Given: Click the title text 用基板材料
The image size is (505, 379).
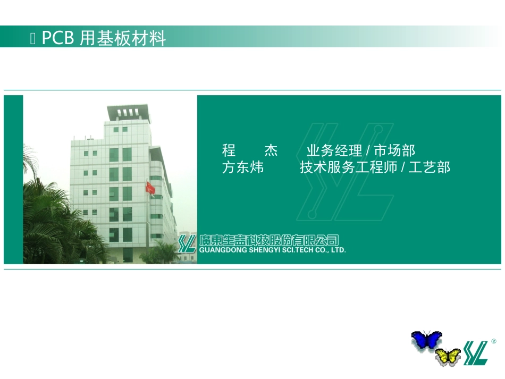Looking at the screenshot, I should (123, 38).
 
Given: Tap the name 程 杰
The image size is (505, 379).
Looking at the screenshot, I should (250, 150).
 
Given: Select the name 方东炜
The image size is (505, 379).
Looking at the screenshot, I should (243, 168).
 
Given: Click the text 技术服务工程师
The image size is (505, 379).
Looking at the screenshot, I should (349, 168).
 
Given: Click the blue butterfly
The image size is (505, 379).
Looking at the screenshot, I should (426, 340).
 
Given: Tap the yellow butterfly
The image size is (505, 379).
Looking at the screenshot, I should (448, 356).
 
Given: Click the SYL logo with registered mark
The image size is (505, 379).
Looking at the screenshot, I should (475, 352).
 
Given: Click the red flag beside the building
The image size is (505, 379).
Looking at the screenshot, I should (150, 188).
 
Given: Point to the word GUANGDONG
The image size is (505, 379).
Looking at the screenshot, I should (221, 249).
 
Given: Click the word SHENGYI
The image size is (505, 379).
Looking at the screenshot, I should (264, 249).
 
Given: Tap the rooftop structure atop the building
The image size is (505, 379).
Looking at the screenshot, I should (128, 113).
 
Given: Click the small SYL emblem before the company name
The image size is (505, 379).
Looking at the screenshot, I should (187, 243).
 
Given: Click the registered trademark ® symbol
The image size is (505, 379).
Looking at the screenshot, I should (494, 341).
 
